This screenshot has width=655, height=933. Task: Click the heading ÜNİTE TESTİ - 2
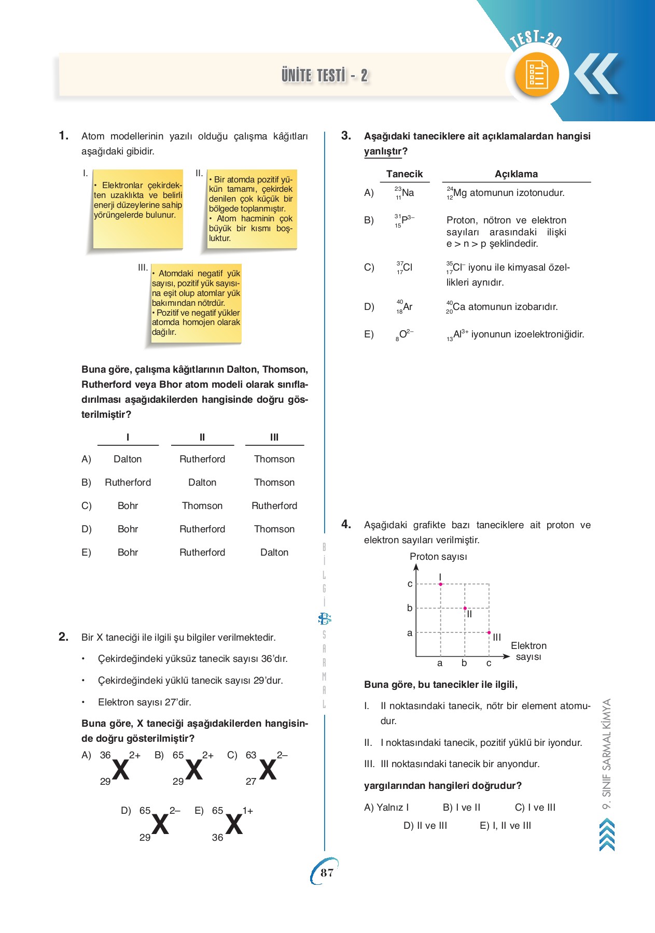tap(325, 76)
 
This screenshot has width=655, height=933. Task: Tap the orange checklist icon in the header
tap(537, 75)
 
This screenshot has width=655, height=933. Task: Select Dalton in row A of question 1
tap(128, 459)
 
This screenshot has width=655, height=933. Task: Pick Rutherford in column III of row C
tap(274, 506)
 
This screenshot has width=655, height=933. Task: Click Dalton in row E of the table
tap(274, 553)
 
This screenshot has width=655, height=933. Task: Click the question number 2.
tap(63, 637)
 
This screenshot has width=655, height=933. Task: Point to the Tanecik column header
tap(405, 174)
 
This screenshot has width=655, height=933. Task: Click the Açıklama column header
tap(516, 174)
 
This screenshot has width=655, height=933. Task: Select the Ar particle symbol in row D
tap(405, 307)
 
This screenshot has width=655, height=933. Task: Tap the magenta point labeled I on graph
tap(441, 584)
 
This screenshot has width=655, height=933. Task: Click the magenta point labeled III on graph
tap(489, 632)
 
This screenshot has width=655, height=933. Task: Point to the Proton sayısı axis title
tap(438, 557)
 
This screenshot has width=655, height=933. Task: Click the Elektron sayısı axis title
tap(528, 651)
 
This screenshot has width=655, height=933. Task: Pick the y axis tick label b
tap(410, 608)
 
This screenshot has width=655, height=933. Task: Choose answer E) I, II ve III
tap(505, 826)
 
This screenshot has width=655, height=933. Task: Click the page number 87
tap(327, 872)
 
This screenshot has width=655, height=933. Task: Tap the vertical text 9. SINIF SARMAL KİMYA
tap(607, 754)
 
